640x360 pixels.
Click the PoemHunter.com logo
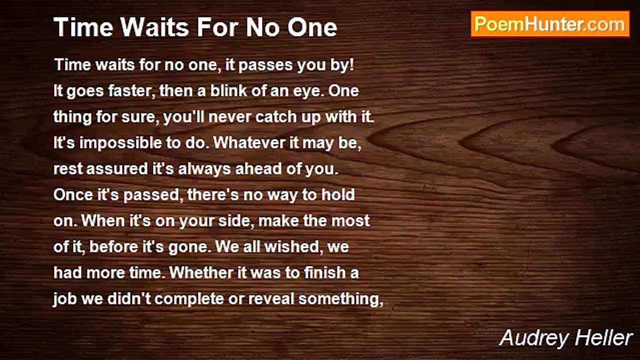[x=550, y=24]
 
